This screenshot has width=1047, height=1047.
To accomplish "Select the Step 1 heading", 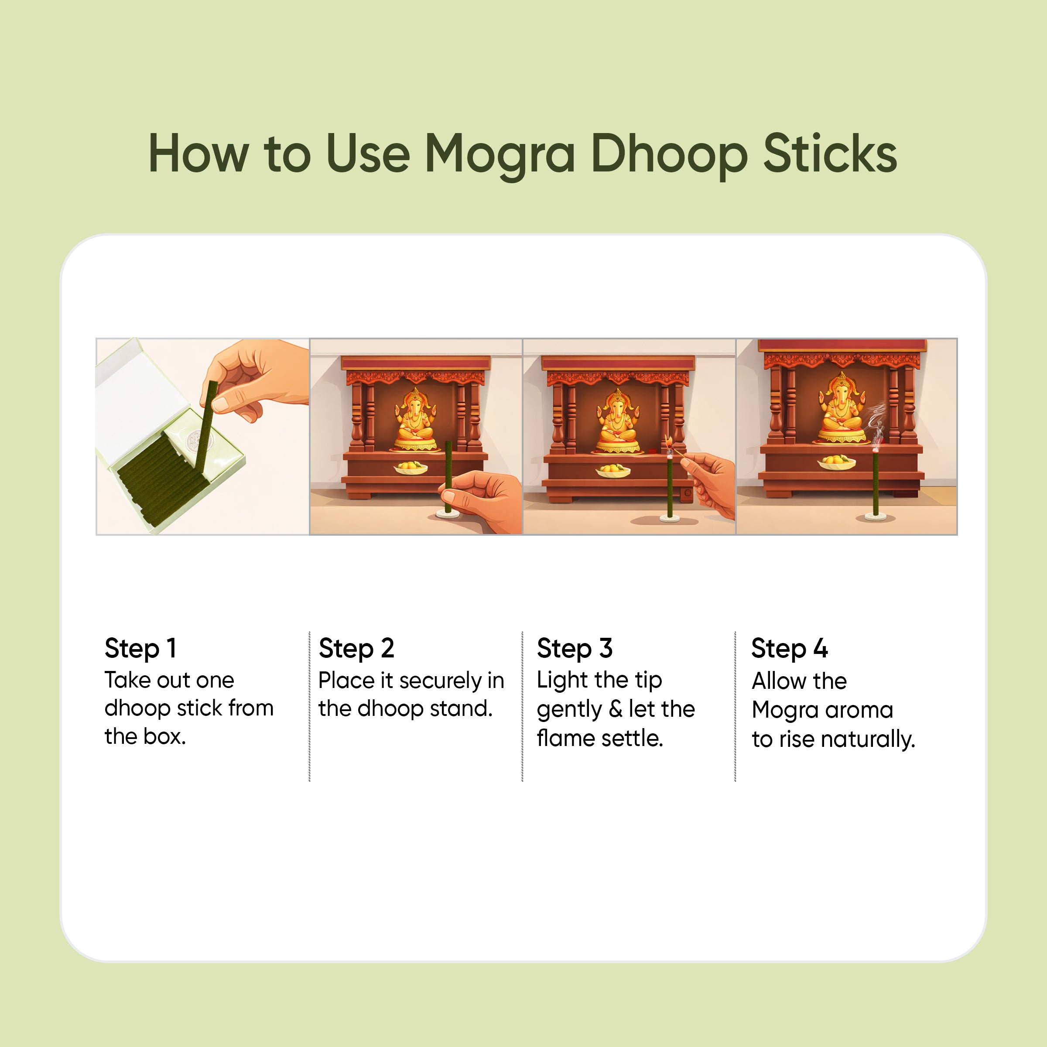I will click(140, 649).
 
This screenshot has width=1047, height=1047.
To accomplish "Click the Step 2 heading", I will click(356, 649).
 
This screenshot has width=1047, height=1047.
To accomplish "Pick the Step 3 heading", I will click(575, 649).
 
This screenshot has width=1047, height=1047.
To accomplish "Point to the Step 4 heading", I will click(789, 649).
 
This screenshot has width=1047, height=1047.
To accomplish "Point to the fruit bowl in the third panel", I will click(613, 470).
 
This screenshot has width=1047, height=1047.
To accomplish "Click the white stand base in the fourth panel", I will click(875, 518).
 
